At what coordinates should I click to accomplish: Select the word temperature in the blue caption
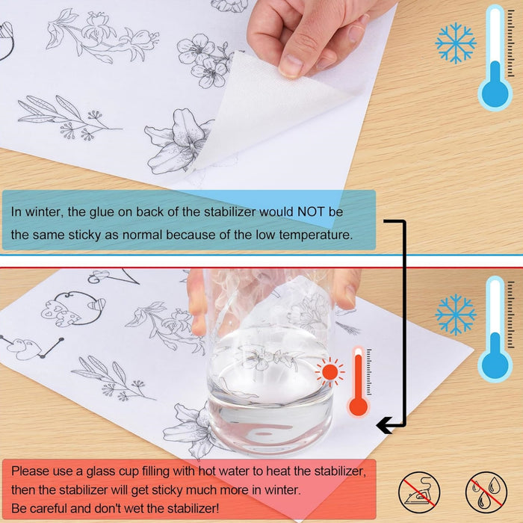point(315,235)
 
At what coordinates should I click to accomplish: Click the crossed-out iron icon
point(419,492)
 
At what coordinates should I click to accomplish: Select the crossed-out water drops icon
point(486,492)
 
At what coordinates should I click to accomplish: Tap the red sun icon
point(330,372)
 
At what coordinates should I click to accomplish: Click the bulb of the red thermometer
point(359,407)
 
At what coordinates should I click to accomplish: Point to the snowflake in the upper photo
point(455,43)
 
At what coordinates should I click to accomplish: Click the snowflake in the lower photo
point(455,315)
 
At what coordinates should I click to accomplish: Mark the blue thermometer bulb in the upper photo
point(495,93)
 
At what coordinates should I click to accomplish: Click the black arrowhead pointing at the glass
point(384,425)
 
